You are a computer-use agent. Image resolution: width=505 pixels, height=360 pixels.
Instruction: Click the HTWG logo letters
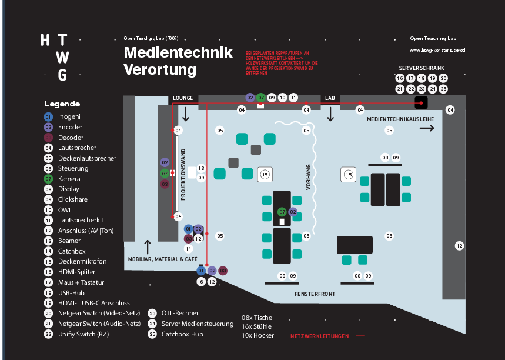click(53, 57)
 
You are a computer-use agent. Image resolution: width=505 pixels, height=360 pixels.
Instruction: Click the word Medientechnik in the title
click(178, 53)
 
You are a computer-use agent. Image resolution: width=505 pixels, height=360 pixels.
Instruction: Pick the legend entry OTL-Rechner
click(180, 313)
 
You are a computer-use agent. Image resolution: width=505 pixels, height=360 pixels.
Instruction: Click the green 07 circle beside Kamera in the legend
click(48, 179)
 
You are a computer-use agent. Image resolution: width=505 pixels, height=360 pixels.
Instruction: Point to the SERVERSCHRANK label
click(422, 68)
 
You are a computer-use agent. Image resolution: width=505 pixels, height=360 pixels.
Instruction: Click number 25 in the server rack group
click(443, 89)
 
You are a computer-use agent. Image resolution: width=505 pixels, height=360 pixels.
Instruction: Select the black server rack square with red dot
click(421, 102)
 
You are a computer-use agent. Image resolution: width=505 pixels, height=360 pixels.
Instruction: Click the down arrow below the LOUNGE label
click(186, 114)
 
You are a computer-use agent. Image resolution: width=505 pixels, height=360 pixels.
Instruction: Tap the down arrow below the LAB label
click(330, 114)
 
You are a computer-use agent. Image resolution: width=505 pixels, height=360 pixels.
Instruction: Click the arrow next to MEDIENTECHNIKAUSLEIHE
click(427, 128)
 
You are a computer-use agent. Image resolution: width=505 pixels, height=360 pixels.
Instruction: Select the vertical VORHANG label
click(308, 177)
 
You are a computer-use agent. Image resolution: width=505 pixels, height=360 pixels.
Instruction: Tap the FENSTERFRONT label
click(315, 292)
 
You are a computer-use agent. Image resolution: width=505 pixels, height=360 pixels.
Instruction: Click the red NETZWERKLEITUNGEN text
click(319, 336)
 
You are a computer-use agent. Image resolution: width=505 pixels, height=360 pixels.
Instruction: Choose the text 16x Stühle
click(257, 326)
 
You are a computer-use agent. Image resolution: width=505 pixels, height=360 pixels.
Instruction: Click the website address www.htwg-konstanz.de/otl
click(437, 50)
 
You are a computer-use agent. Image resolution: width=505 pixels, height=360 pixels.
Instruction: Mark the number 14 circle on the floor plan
click(189, 249)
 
